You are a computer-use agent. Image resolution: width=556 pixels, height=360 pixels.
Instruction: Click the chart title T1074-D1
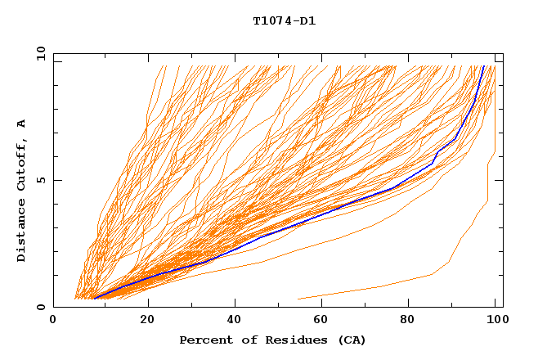284,21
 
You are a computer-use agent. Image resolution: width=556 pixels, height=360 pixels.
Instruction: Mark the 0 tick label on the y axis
40,307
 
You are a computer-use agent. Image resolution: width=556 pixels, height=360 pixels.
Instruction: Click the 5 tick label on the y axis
40,180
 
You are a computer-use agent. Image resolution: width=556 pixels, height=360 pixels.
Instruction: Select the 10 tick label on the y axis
38,53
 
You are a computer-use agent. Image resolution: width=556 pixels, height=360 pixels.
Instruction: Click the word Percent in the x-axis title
203,340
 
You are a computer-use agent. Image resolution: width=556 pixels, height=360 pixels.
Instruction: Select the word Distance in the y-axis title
22,230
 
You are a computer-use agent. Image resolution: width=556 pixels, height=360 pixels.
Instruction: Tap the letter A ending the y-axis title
22,124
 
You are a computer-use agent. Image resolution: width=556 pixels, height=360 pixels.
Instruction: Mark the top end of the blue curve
484,66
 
